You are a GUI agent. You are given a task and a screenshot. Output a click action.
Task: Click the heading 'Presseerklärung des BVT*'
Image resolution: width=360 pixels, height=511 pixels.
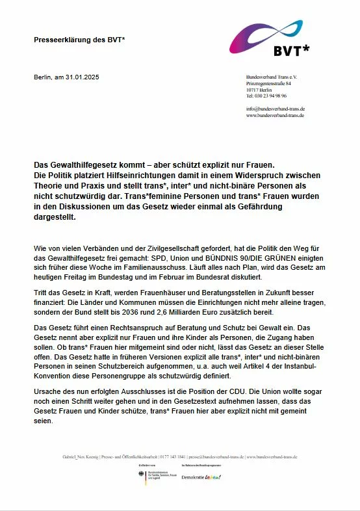coord(79,40)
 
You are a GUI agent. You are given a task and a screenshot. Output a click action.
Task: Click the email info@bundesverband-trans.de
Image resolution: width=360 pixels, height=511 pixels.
coord(276,109)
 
